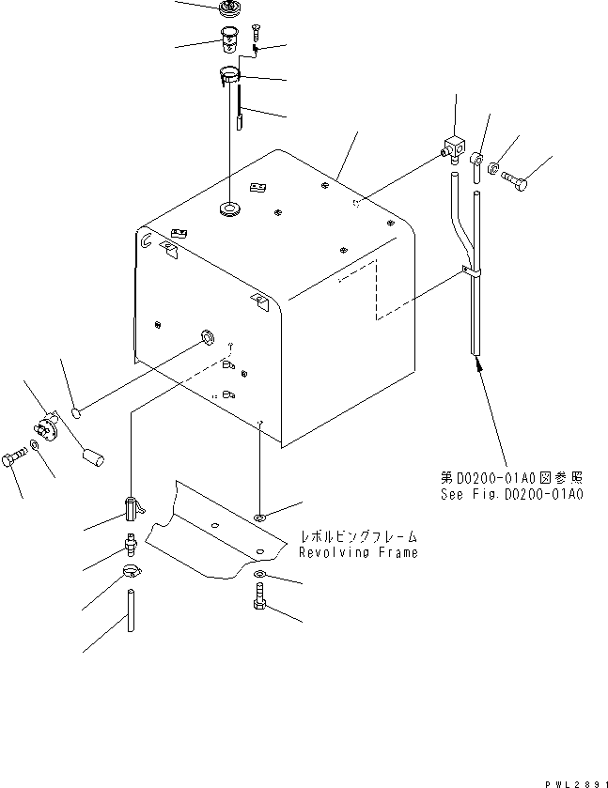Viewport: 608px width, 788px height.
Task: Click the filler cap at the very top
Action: pyautogui.click(x=227, y=10)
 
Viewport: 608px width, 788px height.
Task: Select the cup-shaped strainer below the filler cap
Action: pyautogui.click(x=228, y=41)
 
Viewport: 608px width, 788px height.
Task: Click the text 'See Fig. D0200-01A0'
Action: pyautogui.click(x=511, y=492)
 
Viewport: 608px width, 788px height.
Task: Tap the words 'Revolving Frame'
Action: pyautogui.click(x=358, y=552)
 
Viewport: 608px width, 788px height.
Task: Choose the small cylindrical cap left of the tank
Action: pyautogui.click(x=92, y=460)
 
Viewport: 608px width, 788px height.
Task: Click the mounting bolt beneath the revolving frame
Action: pyautogui.click(x=259, y=597)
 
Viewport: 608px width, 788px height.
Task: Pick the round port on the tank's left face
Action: pyautogui.click(x=205, y=336)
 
